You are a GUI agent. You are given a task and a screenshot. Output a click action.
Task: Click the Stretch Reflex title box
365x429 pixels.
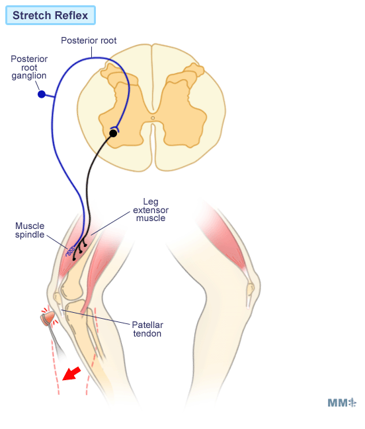(50, 15)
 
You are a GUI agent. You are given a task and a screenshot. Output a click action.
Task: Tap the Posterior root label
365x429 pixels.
(89, 40)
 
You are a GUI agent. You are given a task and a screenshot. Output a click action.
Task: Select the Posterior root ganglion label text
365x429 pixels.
(29, 67)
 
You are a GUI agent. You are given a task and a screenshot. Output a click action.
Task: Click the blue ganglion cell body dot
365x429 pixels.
(42, 94)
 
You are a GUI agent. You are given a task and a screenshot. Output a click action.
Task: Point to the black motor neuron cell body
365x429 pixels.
(113, 133)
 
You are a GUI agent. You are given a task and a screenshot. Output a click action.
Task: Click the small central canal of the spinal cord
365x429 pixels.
(153, 118)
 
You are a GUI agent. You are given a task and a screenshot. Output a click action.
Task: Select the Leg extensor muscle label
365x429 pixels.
(151, 210)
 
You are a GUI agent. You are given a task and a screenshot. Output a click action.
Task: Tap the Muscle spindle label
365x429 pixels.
(30, 230)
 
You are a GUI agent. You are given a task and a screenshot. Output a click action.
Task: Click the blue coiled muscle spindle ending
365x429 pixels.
(71, 251)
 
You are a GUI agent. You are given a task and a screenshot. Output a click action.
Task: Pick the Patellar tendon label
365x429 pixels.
(147, 329)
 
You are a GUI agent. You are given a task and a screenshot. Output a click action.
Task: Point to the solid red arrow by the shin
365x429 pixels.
(71, 374)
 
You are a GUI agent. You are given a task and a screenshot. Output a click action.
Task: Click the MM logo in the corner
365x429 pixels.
(342, 403)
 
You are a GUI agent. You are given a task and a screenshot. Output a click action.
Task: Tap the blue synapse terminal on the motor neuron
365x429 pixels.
(114, 128)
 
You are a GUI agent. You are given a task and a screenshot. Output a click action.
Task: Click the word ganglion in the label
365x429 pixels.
(29, 76)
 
